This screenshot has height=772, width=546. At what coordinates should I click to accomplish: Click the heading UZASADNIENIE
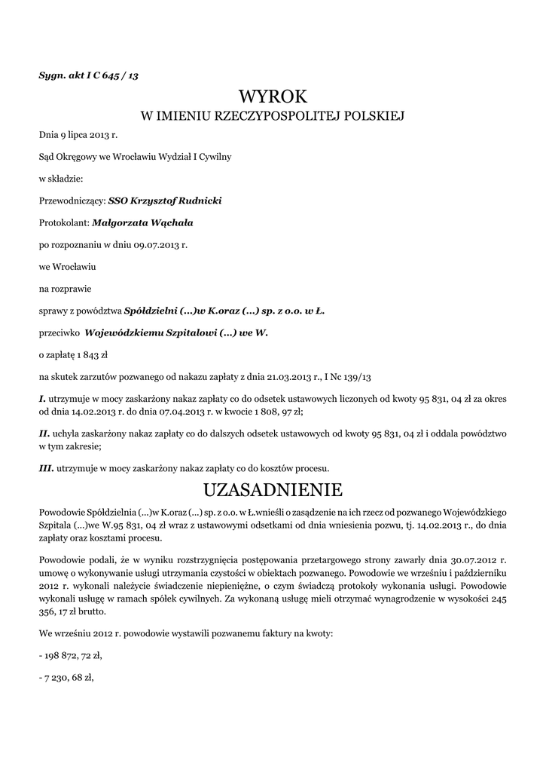(x=273, y=490)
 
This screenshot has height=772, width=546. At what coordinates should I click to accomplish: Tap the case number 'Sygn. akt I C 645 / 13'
(x=88, y=75)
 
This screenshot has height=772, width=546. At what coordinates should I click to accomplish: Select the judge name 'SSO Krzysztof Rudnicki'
(x=165, y=201)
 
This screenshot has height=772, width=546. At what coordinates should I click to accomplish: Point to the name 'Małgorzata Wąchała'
(x=142, y=223)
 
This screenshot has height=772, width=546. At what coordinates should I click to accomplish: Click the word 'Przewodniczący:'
(x=72, y=201)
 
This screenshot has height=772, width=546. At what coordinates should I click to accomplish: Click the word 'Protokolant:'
(x=64, y=223)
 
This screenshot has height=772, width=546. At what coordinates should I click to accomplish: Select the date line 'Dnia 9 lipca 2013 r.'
(x=78, y=136)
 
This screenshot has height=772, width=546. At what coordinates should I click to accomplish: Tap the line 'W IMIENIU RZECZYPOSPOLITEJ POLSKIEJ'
(x=273, y=116)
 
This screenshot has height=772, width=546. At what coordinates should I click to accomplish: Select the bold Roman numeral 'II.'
(x=44, y=433)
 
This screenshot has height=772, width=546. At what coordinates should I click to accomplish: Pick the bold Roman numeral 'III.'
(x=45, y=468)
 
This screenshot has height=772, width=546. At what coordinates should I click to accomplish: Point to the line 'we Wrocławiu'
(x=67, y=267)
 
